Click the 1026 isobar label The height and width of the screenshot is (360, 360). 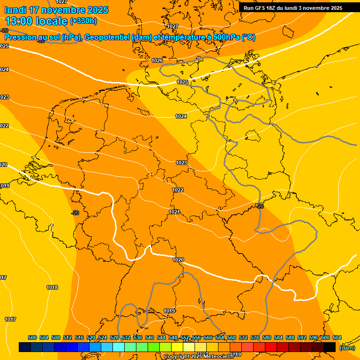pos(157,60)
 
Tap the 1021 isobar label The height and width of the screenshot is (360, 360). pos(174,212)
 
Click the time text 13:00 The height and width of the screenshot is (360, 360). pos(20,21)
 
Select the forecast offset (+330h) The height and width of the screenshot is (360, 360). pos(83,21)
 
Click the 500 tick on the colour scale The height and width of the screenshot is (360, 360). pos(32,337)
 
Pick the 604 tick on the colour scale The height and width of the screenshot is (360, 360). pos(337,337)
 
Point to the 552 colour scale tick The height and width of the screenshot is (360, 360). pos(185,337)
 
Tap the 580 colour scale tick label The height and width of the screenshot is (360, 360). pos(267,337)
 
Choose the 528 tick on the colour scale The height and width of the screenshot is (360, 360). pos(114,337)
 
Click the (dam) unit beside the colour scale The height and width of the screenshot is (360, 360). pos(347,347)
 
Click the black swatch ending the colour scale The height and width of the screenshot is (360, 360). pos(330,347)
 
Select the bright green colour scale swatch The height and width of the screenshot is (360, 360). pos(154,347)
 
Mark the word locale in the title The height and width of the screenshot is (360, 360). pos(52,21)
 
